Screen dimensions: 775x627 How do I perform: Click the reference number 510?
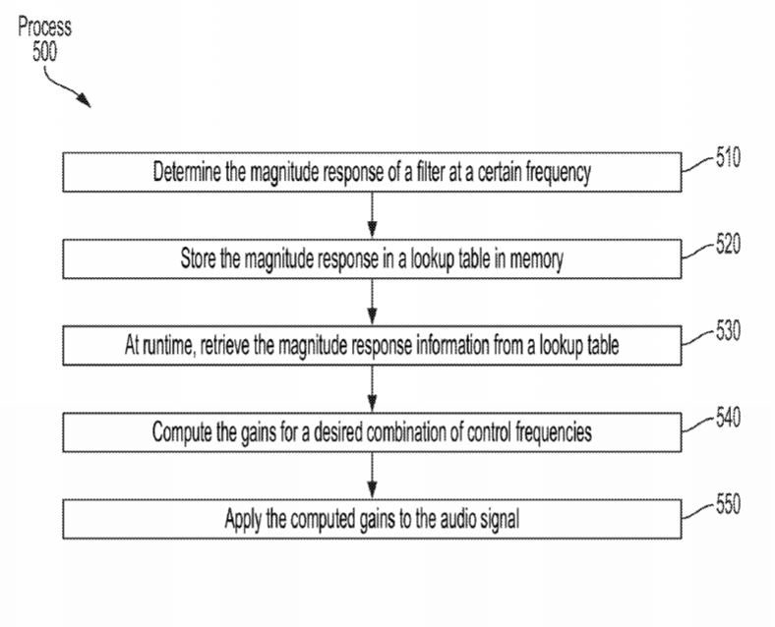729,157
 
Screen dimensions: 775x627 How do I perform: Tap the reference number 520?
729,244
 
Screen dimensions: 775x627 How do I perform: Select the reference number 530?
729,331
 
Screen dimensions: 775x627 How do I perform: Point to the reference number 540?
729,418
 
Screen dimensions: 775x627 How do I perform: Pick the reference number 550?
729,504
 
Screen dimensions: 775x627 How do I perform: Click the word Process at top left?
45,27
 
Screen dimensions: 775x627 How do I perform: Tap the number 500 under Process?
45,51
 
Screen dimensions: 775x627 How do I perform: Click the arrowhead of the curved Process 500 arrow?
85,100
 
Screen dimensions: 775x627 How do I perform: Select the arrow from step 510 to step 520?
372,215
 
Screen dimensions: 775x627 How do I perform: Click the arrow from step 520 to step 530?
372,302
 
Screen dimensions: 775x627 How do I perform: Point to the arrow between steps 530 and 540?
372,389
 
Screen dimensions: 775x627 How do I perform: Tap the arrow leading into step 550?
372,476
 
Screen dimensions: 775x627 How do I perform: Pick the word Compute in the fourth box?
181,432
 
